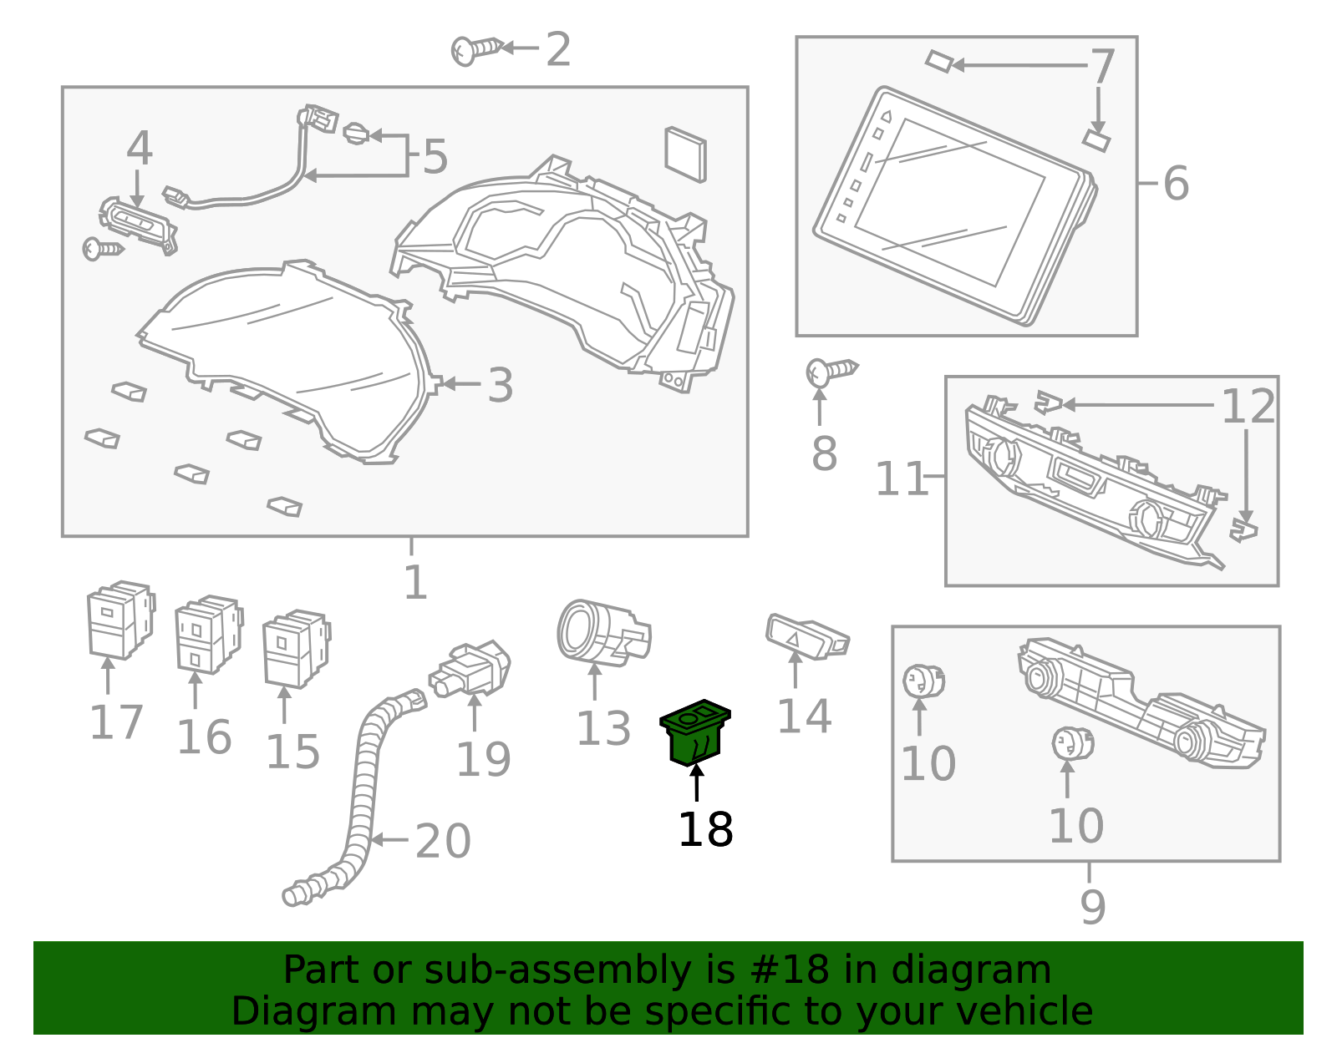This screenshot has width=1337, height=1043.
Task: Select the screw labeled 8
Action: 830,371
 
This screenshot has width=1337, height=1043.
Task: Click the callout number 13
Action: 603,729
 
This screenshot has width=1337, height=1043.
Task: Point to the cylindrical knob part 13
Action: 601,632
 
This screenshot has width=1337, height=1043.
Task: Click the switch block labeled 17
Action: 120,619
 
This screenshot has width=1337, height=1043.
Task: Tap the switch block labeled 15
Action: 295,647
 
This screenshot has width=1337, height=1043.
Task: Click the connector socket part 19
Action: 470,668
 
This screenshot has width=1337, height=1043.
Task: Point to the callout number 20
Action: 443,841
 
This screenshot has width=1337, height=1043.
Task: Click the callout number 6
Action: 1176,183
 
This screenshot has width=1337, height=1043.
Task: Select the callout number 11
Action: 901,479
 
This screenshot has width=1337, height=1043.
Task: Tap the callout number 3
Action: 500,385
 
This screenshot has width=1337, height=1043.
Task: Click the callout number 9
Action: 1092,907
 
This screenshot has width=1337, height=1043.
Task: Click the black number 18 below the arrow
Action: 705,830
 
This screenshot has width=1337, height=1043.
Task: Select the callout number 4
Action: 139,149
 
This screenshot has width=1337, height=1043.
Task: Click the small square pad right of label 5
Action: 685,154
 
